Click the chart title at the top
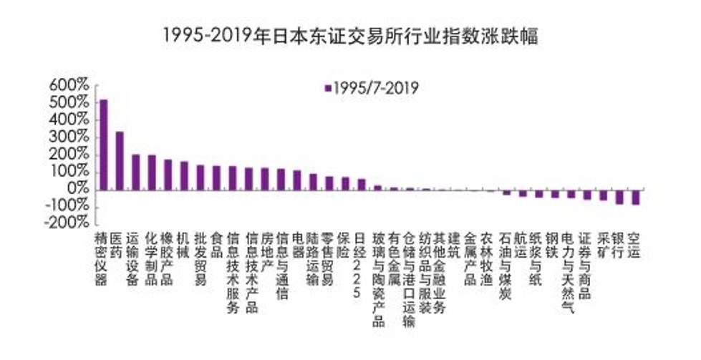[350, 34]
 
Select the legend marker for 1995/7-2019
[328, 88]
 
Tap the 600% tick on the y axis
[69, 86]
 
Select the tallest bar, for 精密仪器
[103, 144]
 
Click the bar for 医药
[120, 160]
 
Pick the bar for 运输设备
[135, 172]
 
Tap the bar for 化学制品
[151, 172]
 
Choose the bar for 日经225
[361, 184]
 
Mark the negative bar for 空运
[635, 197]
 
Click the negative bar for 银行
[619, 197]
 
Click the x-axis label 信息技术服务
[233, 272]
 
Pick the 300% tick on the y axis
[69, 137]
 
